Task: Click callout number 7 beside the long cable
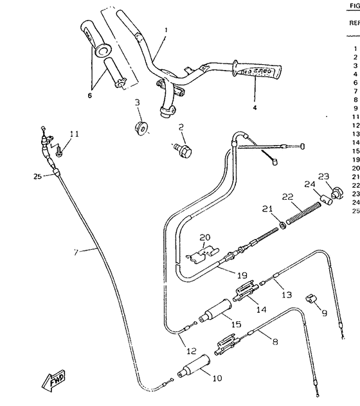click(76, 252)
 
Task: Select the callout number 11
click(75, 134)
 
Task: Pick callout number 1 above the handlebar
click(165, 30)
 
